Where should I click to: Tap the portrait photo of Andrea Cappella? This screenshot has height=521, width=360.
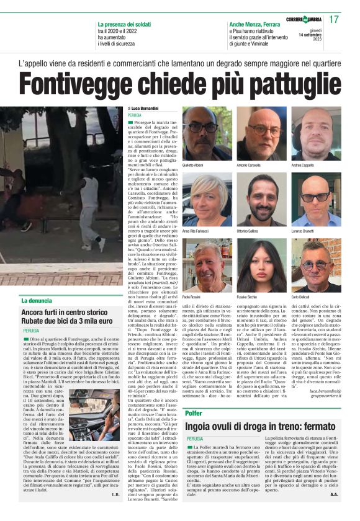(316, 134)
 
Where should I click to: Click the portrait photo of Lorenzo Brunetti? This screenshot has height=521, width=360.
(316, 199)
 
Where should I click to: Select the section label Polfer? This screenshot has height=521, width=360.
(194, 412)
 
